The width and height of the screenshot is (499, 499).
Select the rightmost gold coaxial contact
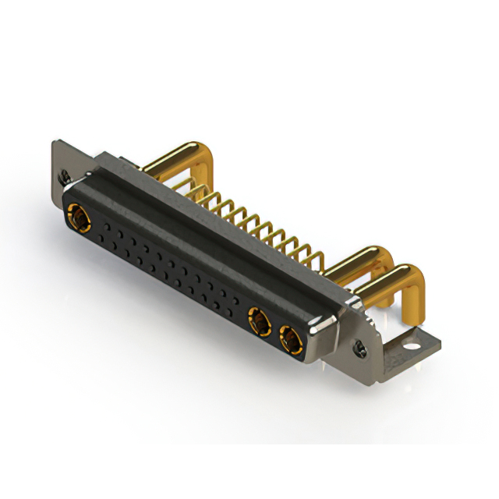[x=289, y=338]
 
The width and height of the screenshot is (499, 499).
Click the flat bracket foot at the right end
[x=409, y=343]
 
